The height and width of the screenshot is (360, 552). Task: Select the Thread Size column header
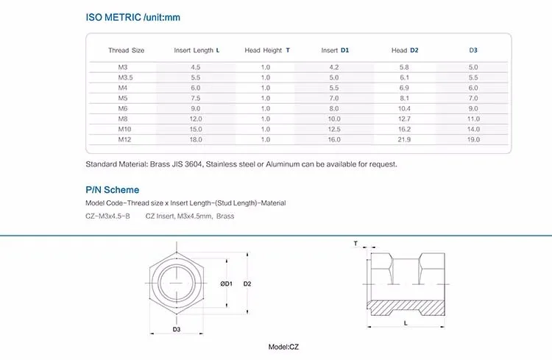(126, 51)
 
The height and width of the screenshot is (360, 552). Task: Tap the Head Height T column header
(267, 51)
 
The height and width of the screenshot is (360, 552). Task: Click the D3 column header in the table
(473, 51)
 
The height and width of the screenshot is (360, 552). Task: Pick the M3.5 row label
(126, 77)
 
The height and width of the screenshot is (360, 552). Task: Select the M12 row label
(126, 139)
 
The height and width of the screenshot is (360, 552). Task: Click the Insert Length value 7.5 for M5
(196, 98)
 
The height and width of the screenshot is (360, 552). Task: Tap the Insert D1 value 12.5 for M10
(334, 129)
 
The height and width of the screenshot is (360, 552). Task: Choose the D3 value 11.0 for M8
(473, 119)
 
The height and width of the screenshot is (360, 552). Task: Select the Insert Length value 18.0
(196, 139)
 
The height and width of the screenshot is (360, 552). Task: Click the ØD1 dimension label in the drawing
(227, 283)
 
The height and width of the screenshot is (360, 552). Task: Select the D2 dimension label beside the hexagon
(248, 283)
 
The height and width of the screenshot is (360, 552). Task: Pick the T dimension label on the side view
(355, 242)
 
